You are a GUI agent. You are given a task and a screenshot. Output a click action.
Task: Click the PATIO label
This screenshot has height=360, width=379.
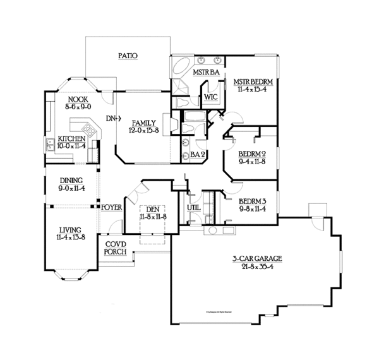[128, 56]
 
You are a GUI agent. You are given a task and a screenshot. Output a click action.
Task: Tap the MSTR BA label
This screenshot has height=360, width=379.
[206, 73]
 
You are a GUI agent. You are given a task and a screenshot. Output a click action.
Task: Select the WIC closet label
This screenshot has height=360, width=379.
[210, 99]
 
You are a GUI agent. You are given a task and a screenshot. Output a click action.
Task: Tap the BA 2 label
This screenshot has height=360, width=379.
[196, 153]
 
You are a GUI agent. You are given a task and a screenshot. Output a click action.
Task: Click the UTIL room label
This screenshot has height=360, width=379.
[193, 206]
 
